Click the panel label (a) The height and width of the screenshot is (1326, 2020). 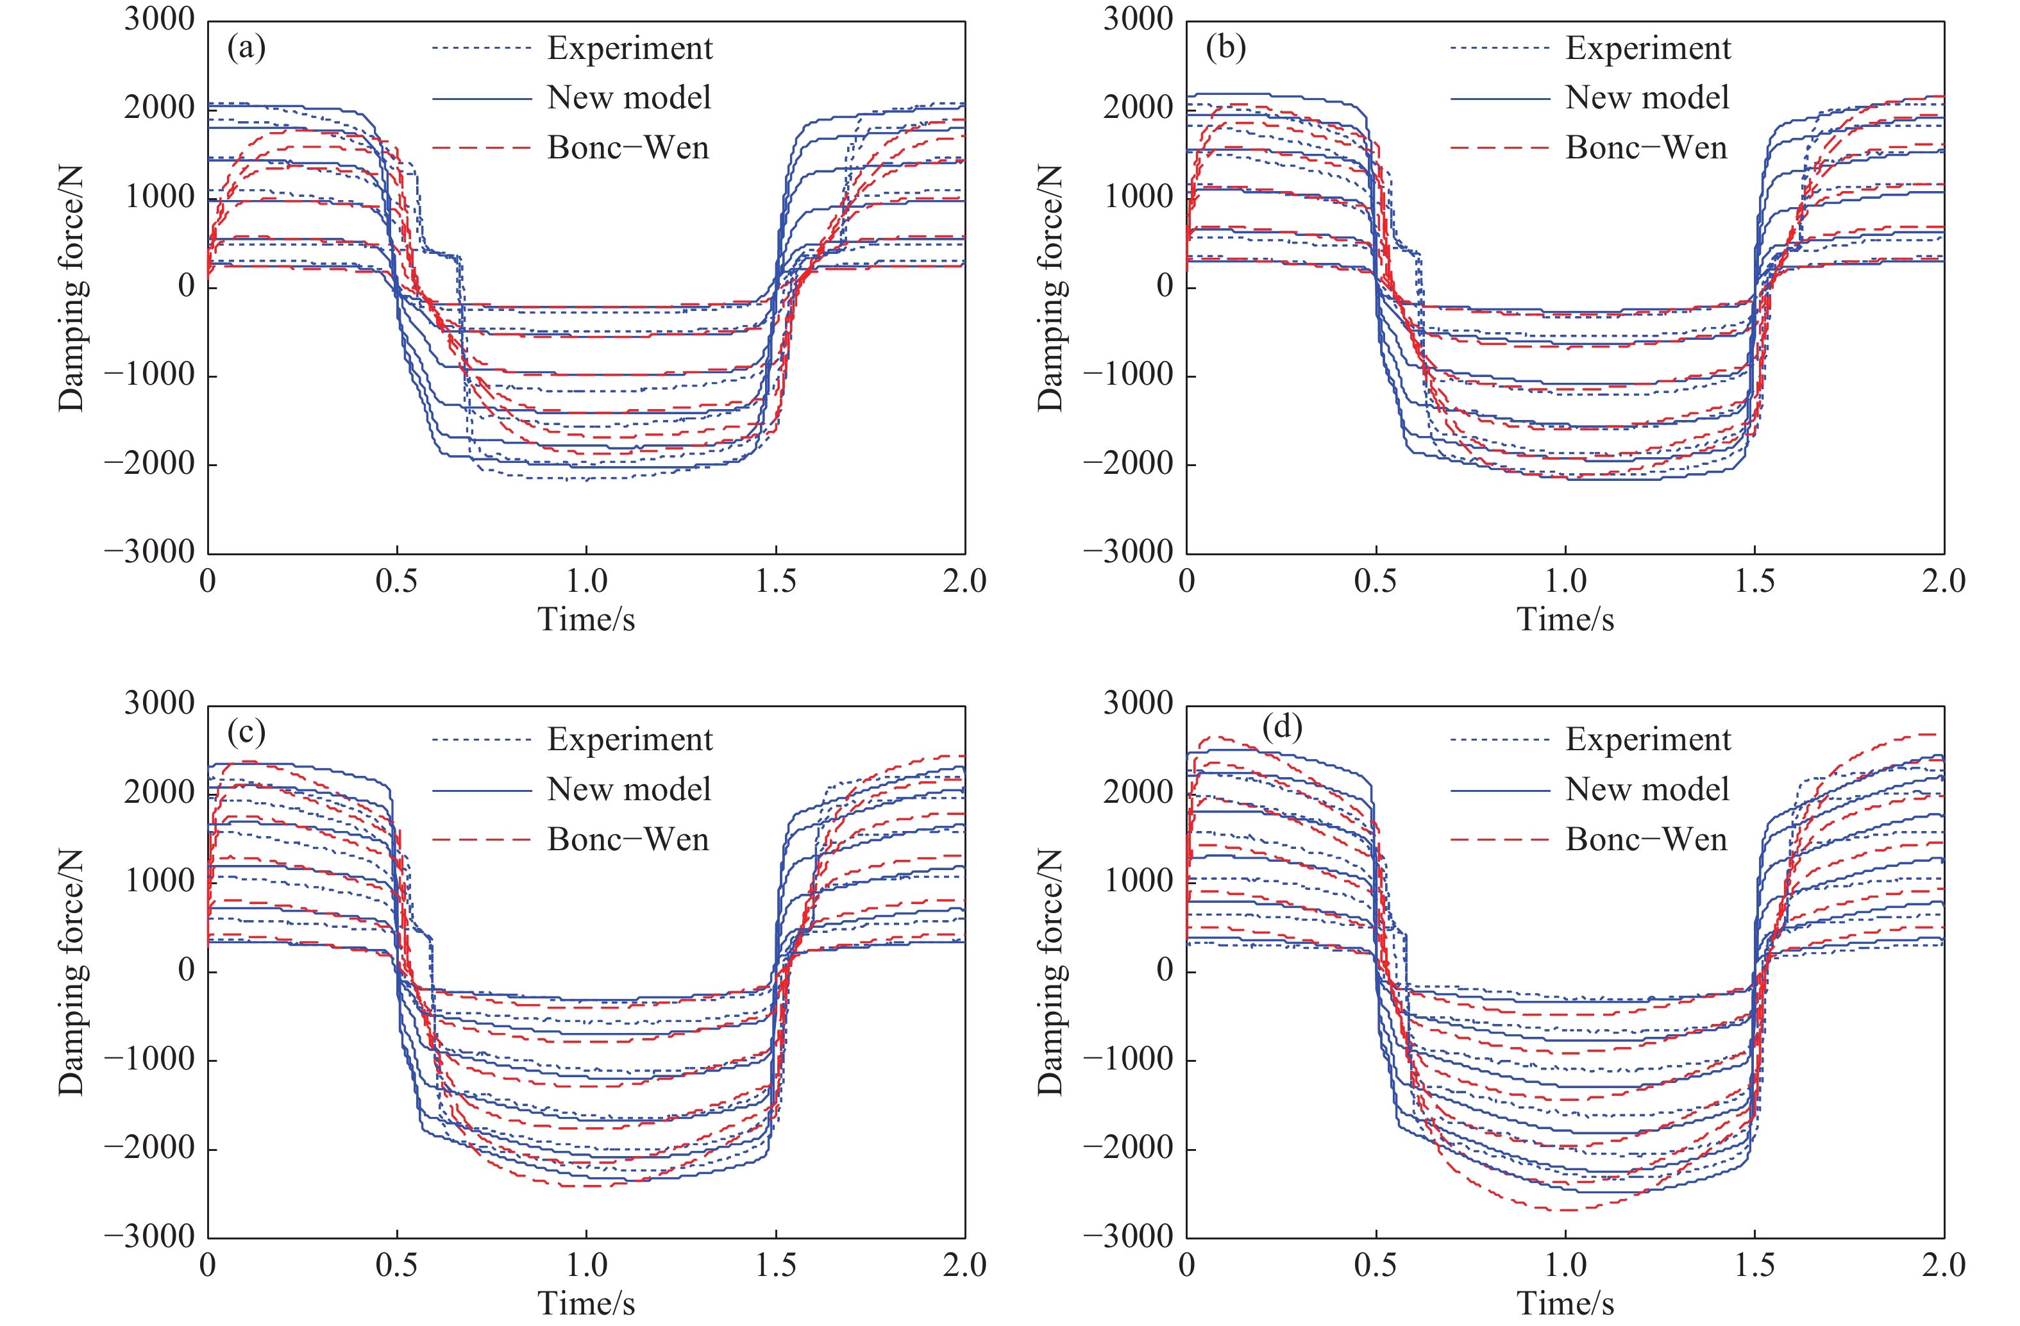tap(246, 48)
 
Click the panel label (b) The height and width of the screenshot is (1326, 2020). tap(1225, 48)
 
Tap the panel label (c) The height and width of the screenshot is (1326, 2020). tap(246, 732)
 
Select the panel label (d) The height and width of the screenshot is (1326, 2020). tap(1282, 728)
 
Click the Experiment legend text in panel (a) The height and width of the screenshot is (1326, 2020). tap(630, 48)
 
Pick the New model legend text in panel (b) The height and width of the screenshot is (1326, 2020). tap(1647, 97)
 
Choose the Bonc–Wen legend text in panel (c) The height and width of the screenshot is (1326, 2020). tap(628, 839)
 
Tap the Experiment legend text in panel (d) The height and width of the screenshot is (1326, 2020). tap(1647, 739)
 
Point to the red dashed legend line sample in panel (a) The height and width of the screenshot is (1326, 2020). tap(481, 147)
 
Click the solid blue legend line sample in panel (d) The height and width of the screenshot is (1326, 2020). tap(1500, 791)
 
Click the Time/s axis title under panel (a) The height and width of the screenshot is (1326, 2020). tap(585, 619)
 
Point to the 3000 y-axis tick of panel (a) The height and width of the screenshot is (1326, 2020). tap(160, 19)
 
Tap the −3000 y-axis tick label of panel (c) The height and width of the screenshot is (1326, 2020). tap(149, 1237)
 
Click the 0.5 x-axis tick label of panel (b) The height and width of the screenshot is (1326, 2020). tap(1375, 582)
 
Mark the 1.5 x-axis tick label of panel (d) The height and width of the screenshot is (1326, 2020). tap(1755, 1266)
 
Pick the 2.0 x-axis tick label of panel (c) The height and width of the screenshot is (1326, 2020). tap(964, 1266)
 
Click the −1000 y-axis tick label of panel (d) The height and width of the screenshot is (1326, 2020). tap(1128, 1059)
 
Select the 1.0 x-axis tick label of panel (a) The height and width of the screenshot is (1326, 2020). tap(587, 582)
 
